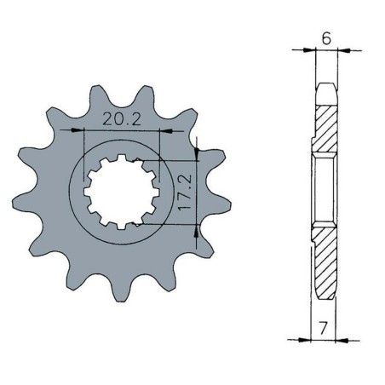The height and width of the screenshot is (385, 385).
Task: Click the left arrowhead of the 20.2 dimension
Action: (x=88, y=130)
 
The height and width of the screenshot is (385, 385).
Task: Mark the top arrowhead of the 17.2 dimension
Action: (x=197, y=155)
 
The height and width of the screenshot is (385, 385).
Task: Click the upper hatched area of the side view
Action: (x=326, y=128)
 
